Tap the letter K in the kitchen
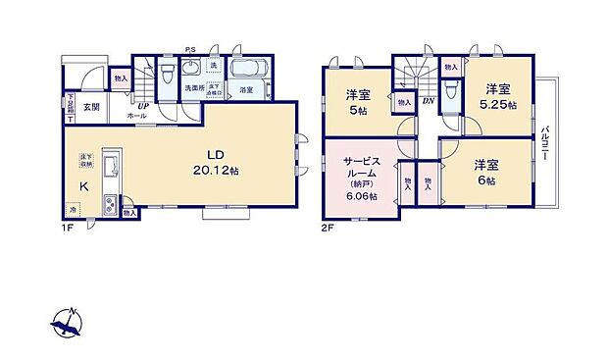pyautogui.click(x=83, y=186)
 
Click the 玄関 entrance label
pyautogui.click(x=90, y=106)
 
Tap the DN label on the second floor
pyautogui.click(x=429, y=99)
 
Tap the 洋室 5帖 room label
pyautogui.click(x=357, y=102)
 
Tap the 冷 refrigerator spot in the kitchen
pyautogui.click(x=73, y=209)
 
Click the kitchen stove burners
pyautogui.click(x=110, y=205)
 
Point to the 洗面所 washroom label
pyautogui.click(x=194, y=89)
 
